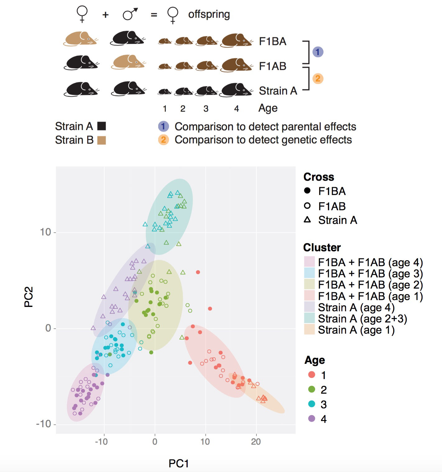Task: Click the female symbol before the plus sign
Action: pos(82,14)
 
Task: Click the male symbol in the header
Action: pos(130,14)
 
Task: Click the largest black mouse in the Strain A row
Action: pos(236,90)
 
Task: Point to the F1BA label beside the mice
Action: pos(273,41)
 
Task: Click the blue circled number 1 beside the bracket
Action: pos(317,52)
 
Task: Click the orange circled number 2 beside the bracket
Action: pos(317,78)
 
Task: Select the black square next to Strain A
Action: pos(102,126)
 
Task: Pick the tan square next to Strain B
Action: pos(102,140)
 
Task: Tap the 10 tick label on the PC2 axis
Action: pos(45,232)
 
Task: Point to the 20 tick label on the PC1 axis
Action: pos(256,442)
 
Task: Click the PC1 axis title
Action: pos(178,463)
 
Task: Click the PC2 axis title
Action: pos(29,297)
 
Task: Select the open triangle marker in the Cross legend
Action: pos(307,220)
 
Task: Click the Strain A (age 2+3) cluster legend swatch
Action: pos(309,318)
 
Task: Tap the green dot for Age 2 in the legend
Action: pos(312,389)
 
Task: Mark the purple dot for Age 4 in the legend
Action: pos(312,419)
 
